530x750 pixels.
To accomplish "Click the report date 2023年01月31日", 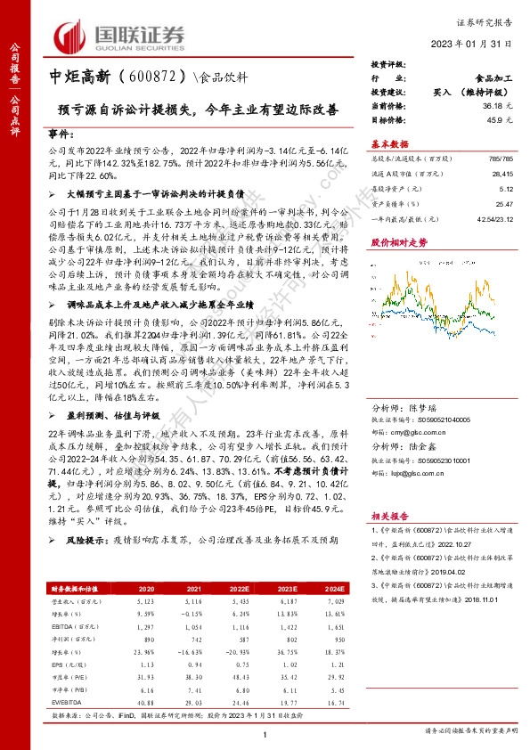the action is pyautogui.click(x=475, y=47).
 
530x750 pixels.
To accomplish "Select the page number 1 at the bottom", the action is pyautogui.click(x=265, y=733).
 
